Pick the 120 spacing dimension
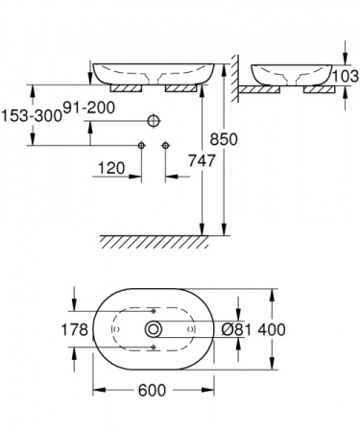(110, 168)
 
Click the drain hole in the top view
(153, 329)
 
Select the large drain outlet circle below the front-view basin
(153, 121)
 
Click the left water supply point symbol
(141, 145)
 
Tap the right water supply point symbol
(165, 145)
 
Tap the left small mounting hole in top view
(115, 329)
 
